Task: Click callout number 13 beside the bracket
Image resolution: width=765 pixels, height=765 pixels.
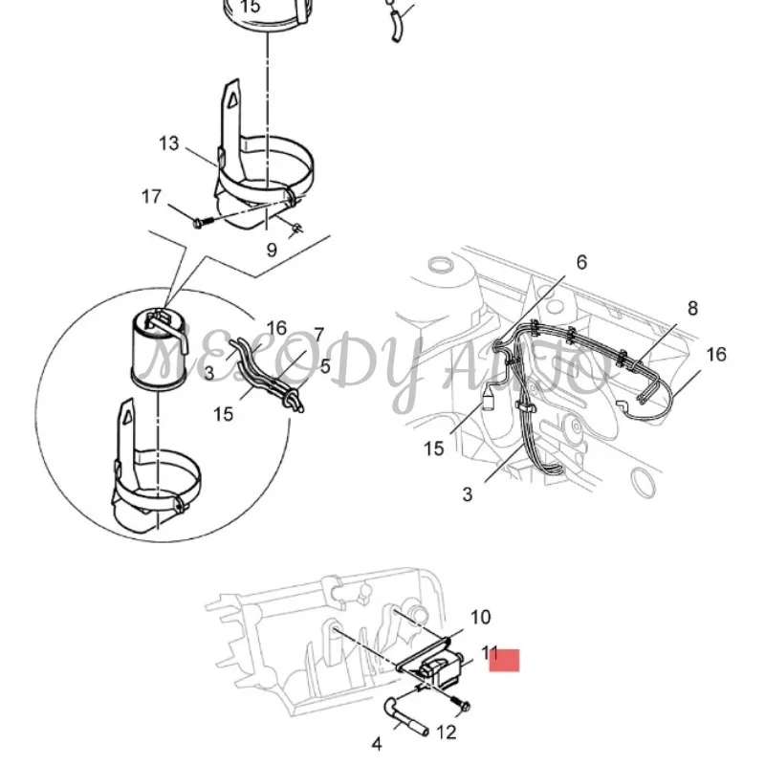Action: [168, 144]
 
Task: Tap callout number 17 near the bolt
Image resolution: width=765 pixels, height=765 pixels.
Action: [151, 197]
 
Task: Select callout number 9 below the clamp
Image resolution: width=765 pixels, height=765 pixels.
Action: [272, 250]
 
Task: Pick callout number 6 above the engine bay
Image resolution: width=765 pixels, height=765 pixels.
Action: [580, 262]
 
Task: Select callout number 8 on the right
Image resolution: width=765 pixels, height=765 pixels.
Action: [692, 308]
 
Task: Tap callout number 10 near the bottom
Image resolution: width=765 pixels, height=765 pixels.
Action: [480, 617]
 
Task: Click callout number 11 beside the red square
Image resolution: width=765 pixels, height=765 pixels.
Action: [491, 653]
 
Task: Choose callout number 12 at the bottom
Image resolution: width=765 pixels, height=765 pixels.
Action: [447, 733]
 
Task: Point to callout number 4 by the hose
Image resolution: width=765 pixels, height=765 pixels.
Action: [376, 742]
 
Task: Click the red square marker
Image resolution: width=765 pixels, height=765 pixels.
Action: [504, 660]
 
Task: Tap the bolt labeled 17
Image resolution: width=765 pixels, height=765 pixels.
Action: [198, 223]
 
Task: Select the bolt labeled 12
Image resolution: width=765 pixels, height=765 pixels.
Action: [461, 707]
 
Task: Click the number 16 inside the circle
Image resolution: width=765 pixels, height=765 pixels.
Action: [276, 328]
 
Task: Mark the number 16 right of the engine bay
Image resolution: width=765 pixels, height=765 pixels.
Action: [715, 355]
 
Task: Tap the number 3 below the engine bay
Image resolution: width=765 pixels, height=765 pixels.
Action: [468, 494]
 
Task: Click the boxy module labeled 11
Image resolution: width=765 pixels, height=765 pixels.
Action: [439, 669]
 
